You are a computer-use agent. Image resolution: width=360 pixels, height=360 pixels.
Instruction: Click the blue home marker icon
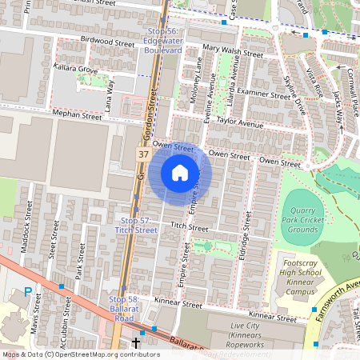[180, 173]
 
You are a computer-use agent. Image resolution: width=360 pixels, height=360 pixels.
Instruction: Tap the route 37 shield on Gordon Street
[142, 153]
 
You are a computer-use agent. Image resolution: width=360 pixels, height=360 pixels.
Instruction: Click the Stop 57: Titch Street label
[138, 225]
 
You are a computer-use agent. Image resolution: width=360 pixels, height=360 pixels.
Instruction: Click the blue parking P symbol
[28, 294]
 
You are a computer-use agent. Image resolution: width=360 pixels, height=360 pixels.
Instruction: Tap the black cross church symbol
[136, 343]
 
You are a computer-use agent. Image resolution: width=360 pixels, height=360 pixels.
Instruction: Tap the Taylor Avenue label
[239, 124]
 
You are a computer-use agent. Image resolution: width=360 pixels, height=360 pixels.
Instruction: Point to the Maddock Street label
[26, 231]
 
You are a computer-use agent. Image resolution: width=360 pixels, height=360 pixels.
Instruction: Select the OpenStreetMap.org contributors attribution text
[103, 354]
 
